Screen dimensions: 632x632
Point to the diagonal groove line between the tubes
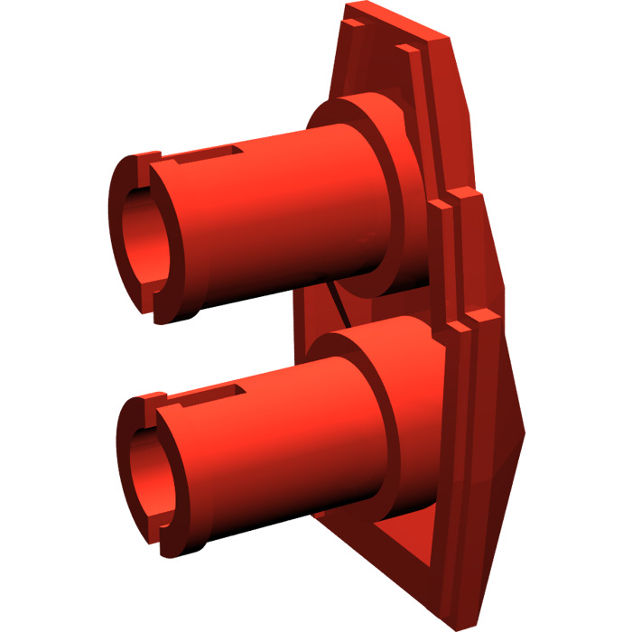tap(339, 302)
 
